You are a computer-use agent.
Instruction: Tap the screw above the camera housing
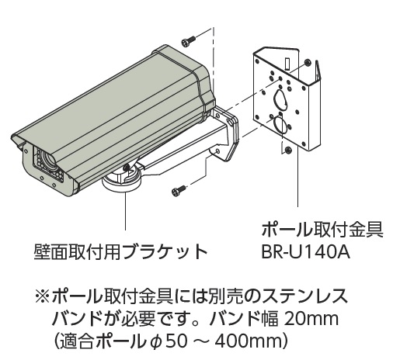(x=188, y=41)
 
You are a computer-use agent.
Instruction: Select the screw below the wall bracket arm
(x=179, y=190)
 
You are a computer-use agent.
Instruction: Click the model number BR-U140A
(x=305, y=252)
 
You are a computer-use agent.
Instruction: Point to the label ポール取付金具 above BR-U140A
(x=322, y=230)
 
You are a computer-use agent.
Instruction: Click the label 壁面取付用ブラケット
(x=120, y=251)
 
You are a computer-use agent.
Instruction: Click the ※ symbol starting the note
(x=43, y=296)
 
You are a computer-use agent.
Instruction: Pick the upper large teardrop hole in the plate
(x=280, y=99)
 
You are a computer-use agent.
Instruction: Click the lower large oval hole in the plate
(x=280, y=124)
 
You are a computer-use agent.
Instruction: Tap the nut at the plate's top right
(x=308, y=62)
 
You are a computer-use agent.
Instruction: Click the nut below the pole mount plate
(x=287, y=150)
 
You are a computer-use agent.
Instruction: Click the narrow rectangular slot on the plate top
(x=287, y=64)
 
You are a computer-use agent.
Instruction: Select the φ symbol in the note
(x=156, y=342)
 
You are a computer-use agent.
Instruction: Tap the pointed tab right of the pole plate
(x=318, y=70)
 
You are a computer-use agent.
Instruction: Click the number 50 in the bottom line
(x=176, y=341)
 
